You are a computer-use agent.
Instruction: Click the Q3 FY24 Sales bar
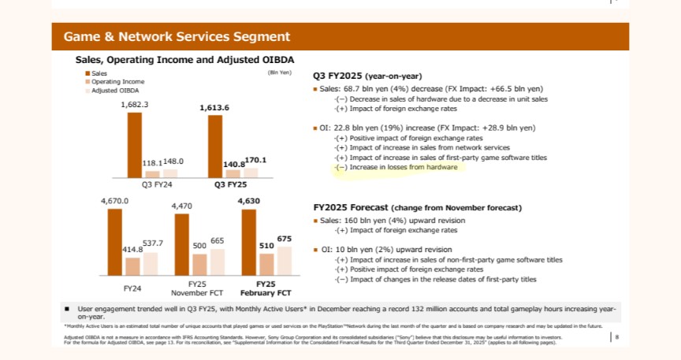click(135, 145)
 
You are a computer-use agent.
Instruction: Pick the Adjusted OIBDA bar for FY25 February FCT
click(284, 259)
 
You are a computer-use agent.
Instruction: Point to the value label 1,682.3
click(135, 104)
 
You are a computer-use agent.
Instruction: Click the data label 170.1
click(255, 160)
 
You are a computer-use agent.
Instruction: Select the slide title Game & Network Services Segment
click(177, 36)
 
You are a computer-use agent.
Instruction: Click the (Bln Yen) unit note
click(280, 72)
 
